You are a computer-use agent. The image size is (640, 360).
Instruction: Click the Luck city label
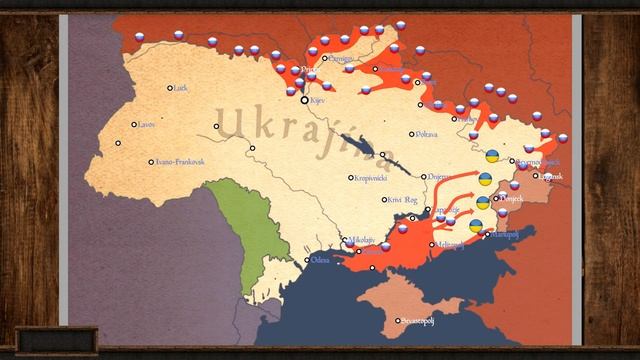[x=181, y=88]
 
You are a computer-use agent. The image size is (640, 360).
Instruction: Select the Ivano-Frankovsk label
[x=181, y=161]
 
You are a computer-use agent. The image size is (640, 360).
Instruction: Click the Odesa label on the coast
[x=320, y=259]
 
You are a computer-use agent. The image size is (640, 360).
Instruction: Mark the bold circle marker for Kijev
[x=305, y=100]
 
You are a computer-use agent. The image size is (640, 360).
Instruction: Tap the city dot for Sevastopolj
[x=398, y=321]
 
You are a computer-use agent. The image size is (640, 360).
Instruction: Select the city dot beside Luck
[x=170, y=88]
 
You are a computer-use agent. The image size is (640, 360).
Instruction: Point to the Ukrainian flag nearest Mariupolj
[x=476, y=225]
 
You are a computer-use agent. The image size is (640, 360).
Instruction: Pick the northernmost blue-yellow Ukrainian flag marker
[x=492, y=156]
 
